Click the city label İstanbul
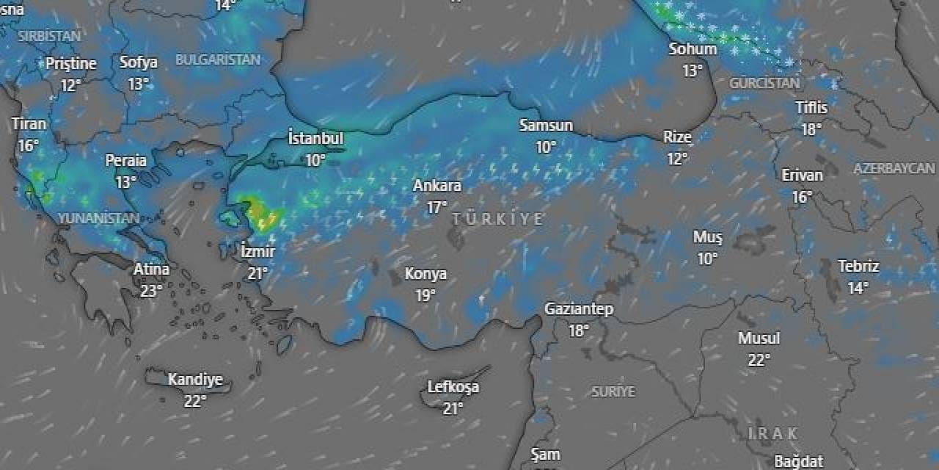click(315, 139)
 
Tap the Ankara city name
click(437, 186)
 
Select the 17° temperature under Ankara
click(437, 207)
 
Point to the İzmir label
click(257, 251)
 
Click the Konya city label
click(425, 274)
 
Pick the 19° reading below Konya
click(425, 294)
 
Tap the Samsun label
click(546, 126)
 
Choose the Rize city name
click(677, 137)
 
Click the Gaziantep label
click(578, 309)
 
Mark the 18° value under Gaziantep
click(578, 330)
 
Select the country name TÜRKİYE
click(498, 219)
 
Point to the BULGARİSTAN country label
click(218, 60)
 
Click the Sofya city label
click(139, 62)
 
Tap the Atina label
click(151, 270)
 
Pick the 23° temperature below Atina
click(151, 291)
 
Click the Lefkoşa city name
click(453, 387)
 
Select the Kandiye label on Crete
click(195, 380)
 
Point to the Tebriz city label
click(858, 267)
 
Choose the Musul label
click(759, 339)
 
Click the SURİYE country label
click(613, 392)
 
